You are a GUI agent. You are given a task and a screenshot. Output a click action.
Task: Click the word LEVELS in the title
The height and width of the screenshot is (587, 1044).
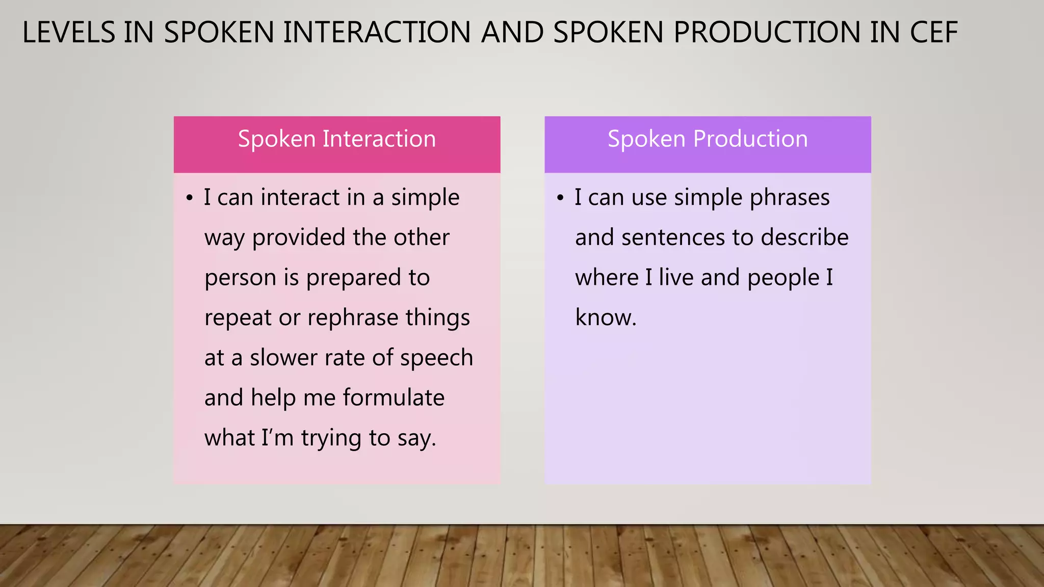69,33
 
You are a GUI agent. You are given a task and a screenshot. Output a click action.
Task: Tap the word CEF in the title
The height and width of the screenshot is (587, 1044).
934,33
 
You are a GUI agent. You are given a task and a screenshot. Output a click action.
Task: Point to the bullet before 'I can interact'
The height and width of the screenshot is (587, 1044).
190,198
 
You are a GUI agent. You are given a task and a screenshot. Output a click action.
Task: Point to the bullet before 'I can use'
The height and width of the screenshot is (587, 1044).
560,198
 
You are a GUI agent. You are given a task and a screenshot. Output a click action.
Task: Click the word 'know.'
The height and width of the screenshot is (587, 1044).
606,318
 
